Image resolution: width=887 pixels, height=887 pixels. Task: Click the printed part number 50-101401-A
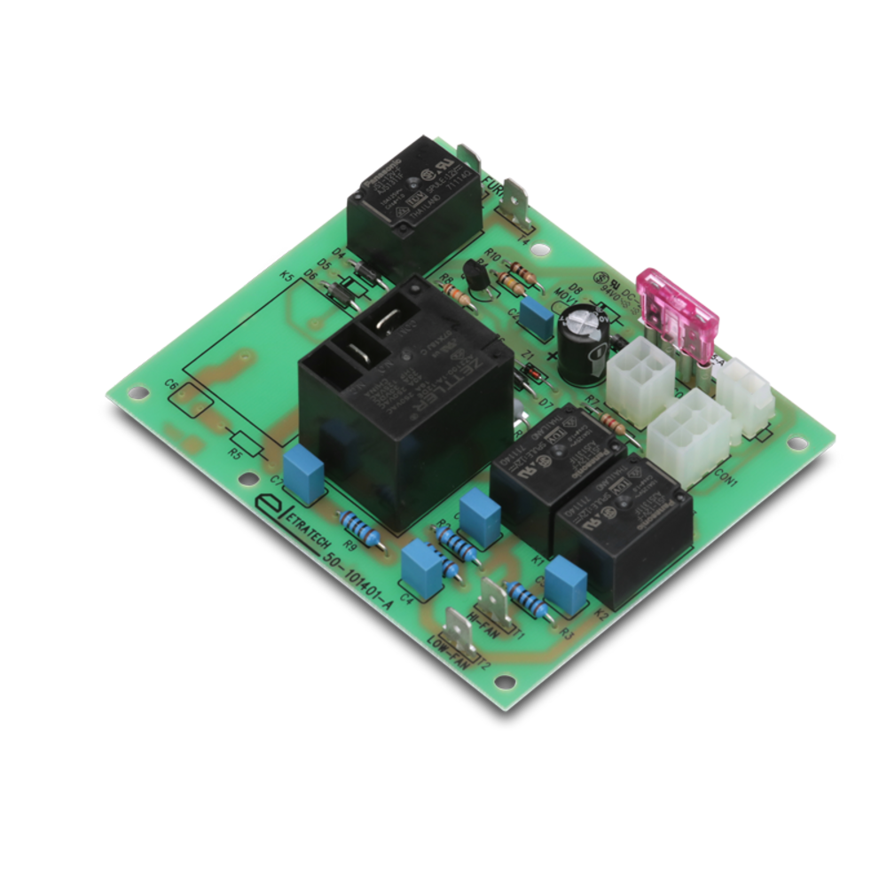coord(359,581)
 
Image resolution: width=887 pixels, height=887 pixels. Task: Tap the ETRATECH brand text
coord(298,529)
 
